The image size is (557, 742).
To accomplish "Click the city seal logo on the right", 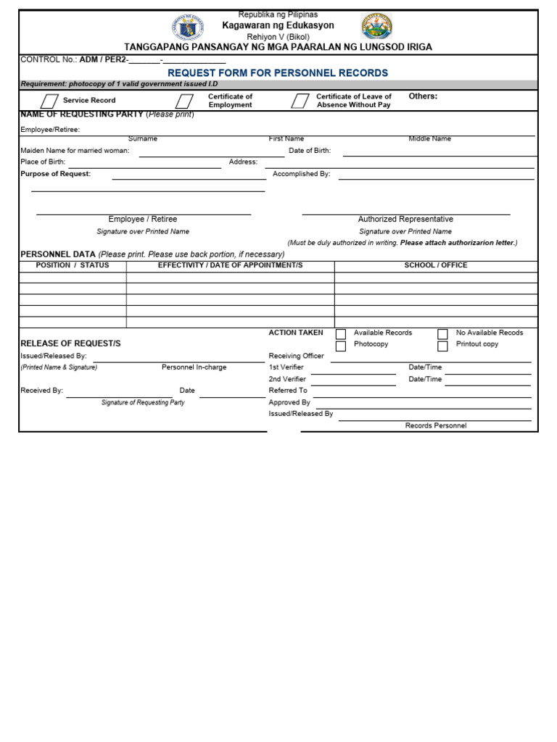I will pos(376,27).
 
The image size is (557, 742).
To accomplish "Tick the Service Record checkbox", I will pos(49,101).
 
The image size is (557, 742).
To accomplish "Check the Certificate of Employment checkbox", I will pos(184,101).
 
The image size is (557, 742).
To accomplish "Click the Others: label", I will pos(423,96).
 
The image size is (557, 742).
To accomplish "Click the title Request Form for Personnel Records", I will pos(278,73).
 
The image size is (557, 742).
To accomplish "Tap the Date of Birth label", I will pos(310,151).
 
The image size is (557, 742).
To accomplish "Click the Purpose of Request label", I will pos(55,174).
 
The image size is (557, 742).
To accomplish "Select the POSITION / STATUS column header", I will pos(73,265).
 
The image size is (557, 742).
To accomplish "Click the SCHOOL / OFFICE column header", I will pos(435,265).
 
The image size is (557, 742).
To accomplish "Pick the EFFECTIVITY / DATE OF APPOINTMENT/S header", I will pos(230,265).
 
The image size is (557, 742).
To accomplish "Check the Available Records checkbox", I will pos(340,334).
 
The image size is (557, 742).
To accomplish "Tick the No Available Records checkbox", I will pos(442,334).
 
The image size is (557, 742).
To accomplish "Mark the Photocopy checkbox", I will pos(340,346).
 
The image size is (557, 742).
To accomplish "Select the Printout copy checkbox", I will pos(442,346).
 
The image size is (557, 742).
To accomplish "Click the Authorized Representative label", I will pos(405,219).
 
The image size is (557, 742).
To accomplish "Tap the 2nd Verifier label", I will pos(287,379).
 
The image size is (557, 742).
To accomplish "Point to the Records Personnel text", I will pos(435,425).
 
